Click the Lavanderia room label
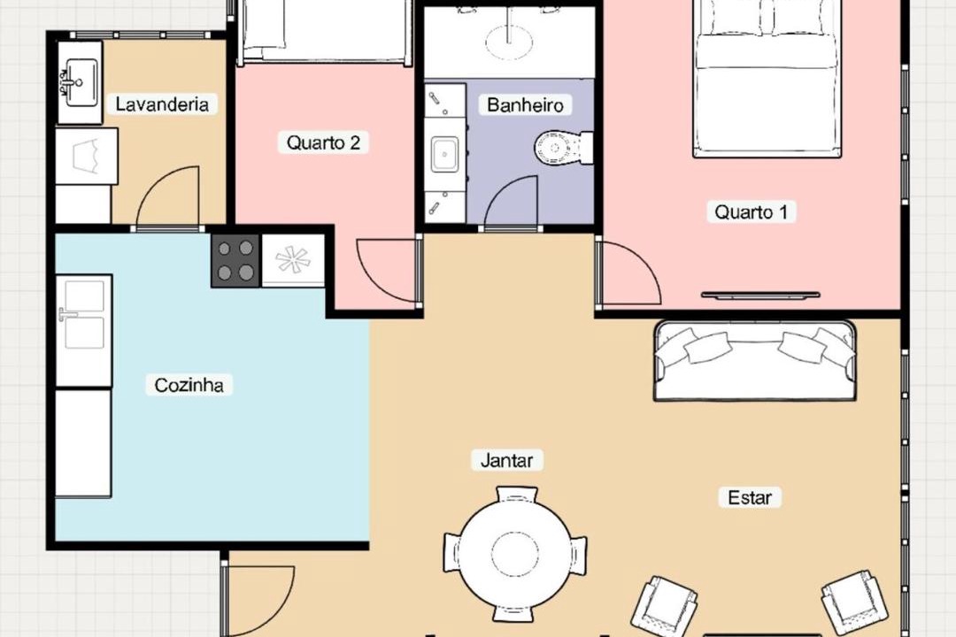tap(162, 104)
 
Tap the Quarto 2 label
tap(323, 142)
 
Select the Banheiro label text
tap(525, 105)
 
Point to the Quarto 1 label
tap(752, 212)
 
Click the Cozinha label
tap(189, 385)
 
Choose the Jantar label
tap(506, 460)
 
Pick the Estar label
tap(750, 497)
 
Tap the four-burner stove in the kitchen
tap(235, 260)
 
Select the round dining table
tap(515, 554)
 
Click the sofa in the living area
tap(755, 360)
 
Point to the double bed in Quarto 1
tap(767, 78)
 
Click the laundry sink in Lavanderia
tap(80, 82)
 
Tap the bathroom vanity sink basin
tap(444, 155)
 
